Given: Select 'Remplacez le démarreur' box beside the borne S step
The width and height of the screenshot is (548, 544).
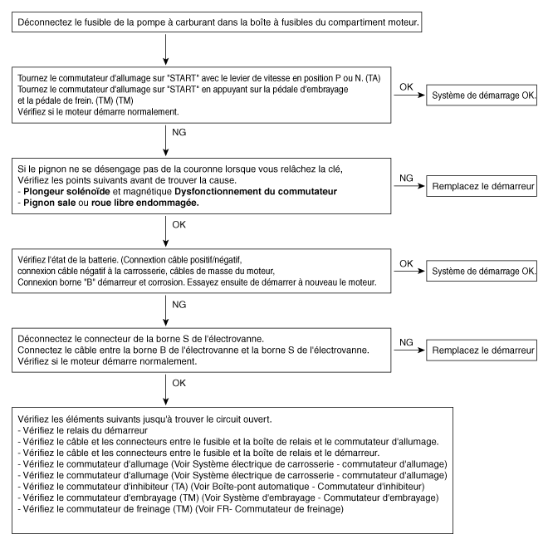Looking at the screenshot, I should point(481,350).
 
